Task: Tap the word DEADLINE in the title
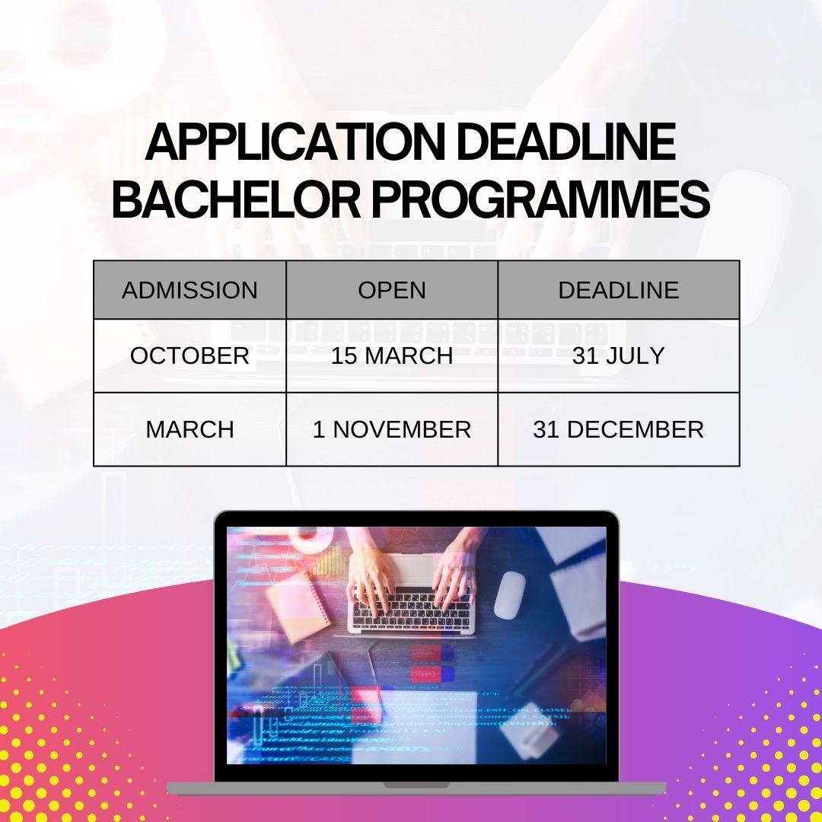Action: pos(566,142)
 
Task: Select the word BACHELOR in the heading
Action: pos(237,199)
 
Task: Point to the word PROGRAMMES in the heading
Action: pos(540,199)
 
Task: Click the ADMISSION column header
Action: pos(190,290)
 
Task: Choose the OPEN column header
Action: pos(392,290)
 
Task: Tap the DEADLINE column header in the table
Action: pos(619,290)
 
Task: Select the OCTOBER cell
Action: pos(190,355)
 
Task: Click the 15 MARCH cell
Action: pos(392,355)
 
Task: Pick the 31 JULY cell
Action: pos(619,355)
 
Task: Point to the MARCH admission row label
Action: pos(190,429)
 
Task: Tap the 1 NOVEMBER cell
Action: pos(392,429)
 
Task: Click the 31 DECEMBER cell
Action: pos(619,429)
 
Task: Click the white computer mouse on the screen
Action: pos(509,594)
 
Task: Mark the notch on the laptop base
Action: pos(416,785)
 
